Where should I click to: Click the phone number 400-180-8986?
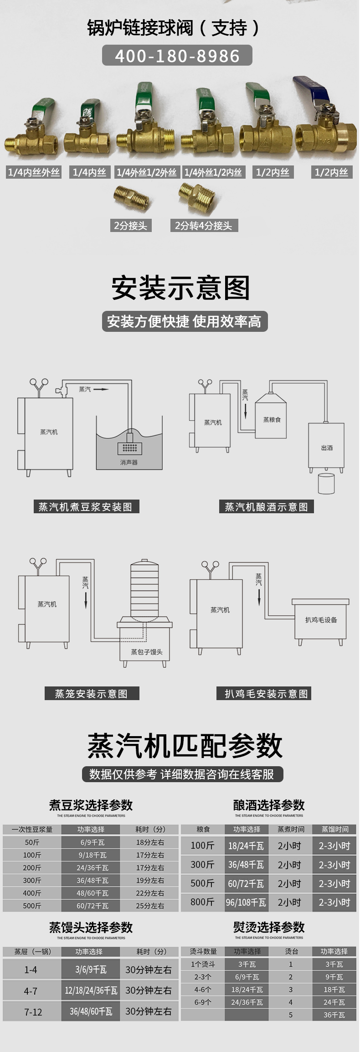point(177,56)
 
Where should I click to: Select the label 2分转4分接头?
point(203,226)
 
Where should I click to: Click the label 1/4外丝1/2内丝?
point(213,172)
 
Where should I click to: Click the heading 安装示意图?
point(180,288)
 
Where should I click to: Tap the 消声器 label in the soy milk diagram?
point(129,462)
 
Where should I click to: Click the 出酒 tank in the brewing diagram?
point(326,448)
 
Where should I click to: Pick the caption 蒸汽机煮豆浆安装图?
point(86,507)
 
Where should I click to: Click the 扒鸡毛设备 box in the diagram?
point(321,620)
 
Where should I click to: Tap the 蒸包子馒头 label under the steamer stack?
point(146,652)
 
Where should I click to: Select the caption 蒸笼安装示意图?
point(91,694)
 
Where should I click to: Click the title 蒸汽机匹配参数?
point(185,746)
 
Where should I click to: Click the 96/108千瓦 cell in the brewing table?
point(246,902)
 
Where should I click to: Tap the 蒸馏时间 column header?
point(334,829)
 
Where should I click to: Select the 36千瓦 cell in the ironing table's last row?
point(334,1015)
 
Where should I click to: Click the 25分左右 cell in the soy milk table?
point(150,906)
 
